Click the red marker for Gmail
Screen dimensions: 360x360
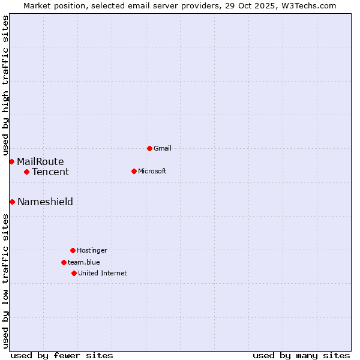click(149, 148)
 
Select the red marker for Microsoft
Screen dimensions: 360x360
click(134, 171)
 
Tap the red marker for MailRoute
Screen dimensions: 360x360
click(11, 161)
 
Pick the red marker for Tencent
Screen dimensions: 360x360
click(26, 172)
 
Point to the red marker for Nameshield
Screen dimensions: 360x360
click(12, 202)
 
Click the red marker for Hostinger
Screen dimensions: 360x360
click(73, 250)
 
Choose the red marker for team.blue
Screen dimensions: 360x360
click(64, 262)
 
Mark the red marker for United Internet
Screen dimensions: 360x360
click(74, 273)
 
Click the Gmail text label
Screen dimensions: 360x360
click(163, 148)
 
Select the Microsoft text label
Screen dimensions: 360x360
click(152, 171)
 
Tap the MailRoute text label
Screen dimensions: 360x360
click(40, 161)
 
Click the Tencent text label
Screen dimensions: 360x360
click(50, 172)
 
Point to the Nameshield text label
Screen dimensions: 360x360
click(45, 202)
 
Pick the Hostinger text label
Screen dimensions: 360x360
click(92, 250)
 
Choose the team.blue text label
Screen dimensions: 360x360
click(84, 262)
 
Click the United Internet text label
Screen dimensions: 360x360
click(103, 273)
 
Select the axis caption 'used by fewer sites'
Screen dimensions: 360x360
click(62, 355)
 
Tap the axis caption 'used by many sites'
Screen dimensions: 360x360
click(301, 355)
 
